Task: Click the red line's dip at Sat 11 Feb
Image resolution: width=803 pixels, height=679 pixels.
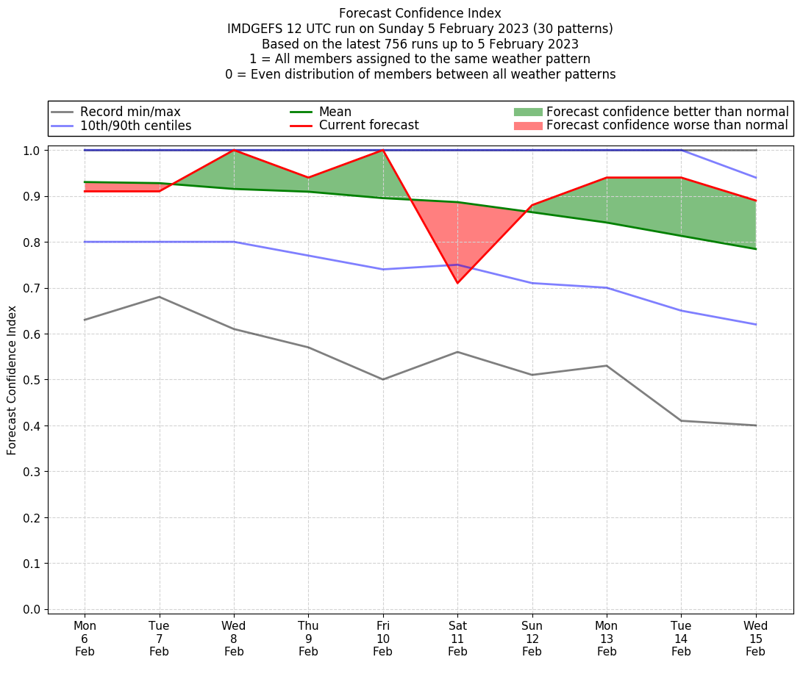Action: tap(457, 283)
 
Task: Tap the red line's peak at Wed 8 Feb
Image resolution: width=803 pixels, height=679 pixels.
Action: tap(234, 150)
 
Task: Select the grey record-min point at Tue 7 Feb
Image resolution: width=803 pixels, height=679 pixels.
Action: tap(160, 297)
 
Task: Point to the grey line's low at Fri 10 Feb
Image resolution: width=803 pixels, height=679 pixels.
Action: tap(383, 379)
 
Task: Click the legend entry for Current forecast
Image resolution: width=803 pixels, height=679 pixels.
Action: tap(368, 126)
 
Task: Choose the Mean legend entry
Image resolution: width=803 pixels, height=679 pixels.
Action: tap(335, 112)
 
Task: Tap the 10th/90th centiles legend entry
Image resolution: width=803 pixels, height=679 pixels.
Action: tap(135, 126)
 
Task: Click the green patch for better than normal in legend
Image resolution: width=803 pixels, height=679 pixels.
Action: tap(527, 112)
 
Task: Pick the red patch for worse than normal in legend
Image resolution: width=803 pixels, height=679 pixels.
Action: tap(527, 126)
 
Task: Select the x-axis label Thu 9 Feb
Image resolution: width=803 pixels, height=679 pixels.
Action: tap(309, 639)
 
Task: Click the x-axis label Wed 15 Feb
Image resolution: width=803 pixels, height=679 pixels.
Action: tap(756, 639)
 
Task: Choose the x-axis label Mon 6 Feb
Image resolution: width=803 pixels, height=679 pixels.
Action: tap(85, 639)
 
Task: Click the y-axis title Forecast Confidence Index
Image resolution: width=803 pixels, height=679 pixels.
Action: tap(12, 380)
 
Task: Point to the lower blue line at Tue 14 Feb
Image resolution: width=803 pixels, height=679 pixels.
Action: tap(681, 311)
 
